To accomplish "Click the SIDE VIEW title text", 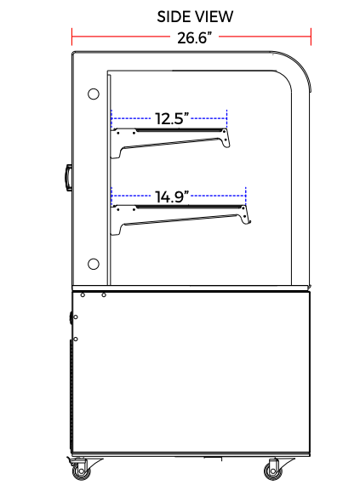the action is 195,17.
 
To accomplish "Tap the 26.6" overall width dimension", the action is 195,38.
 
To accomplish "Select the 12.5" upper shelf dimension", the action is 172,119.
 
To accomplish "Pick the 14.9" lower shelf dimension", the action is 172,197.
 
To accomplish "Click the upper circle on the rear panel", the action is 94,94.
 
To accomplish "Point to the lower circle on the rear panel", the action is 94,264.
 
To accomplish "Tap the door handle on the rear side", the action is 68,178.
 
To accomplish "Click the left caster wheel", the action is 82,471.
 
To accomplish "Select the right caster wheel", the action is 273,471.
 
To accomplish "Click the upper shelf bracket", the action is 170,142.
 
